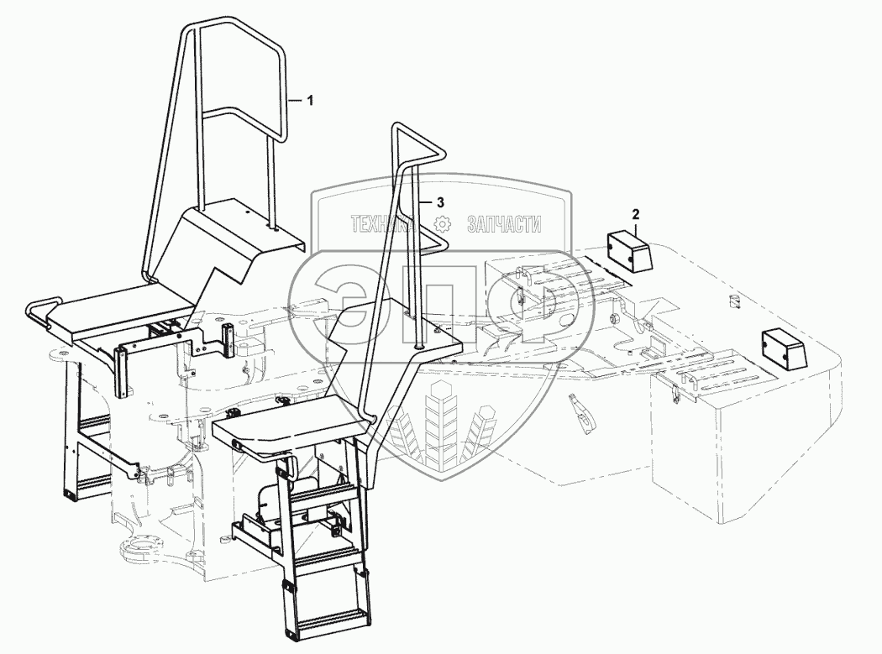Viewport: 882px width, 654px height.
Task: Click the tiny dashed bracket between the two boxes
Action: (732, 301)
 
